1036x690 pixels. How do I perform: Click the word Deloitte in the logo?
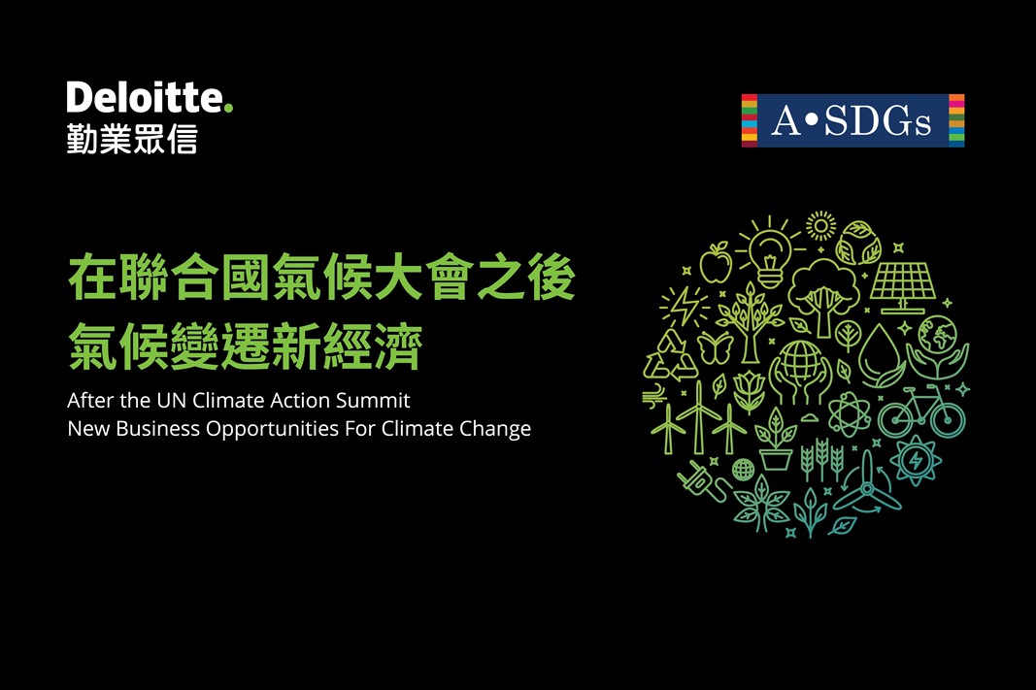(x=146, y=97)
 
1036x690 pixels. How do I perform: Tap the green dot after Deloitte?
(x=228, y=108)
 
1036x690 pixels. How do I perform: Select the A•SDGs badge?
(x=852, y=120)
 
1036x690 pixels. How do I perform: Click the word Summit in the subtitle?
(x=373, y=400)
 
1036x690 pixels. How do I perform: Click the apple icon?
(x=716, y=263)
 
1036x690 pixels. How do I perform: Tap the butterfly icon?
(x=715, y=348)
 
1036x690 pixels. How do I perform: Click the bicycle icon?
(x=921, y=411)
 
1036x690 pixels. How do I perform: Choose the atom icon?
(x=849, y=414)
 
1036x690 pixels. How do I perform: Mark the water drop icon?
(x=881, y=356)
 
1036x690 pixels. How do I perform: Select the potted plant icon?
(x=776, y=440)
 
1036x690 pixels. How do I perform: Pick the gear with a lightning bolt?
(x=916, y=460)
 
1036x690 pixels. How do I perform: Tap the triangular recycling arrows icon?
(x=670, y=356)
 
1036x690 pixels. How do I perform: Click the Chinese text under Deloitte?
(x=132, y=140)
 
